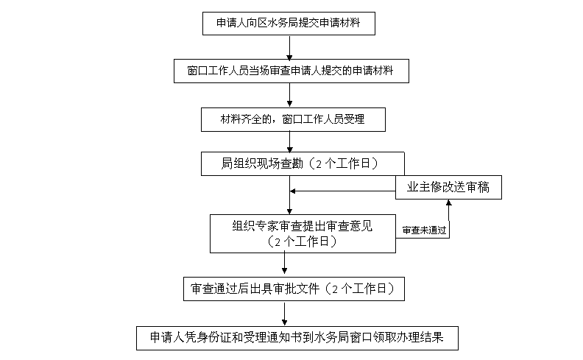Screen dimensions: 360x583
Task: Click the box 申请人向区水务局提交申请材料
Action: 290,23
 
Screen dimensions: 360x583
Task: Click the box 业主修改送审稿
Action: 448,188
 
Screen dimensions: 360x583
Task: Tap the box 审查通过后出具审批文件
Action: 294,289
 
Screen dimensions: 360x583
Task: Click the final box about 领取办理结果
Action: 297,337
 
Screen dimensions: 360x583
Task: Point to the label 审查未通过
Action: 425,230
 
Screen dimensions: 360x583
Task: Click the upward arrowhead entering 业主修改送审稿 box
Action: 449,204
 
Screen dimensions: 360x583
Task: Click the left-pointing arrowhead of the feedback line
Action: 294,191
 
